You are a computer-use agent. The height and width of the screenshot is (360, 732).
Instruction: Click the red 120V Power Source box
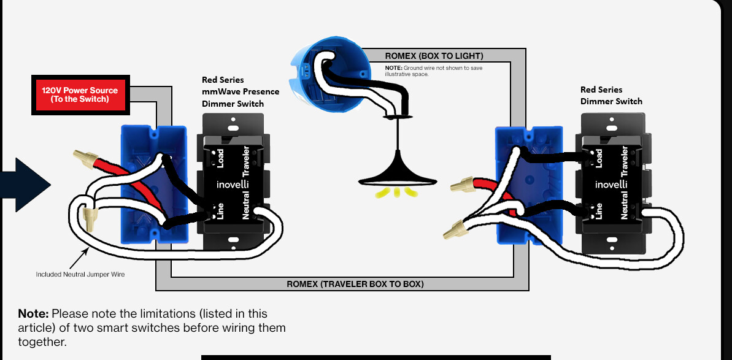80,94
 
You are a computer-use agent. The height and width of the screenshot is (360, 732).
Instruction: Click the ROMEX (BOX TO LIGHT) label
434,56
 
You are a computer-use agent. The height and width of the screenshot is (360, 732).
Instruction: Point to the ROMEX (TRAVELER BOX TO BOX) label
355,283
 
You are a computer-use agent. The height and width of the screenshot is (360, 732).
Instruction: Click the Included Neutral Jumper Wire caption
80,274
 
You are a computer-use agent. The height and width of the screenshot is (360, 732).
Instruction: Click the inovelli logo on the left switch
233,184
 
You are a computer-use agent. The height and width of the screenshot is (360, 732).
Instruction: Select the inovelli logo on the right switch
611,184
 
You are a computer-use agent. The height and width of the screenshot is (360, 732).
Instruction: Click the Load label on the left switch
220,159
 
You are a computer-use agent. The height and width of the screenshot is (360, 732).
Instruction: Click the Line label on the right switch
599,211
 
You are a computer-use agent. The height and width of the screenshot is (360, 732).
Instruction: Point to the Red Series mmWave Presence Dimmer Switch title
241,92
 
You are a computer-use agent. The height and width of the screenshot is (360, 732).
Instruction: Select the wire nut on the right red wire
463,185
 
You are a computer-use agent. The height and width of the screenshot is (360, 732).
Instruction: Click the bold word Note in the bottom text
34,313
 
